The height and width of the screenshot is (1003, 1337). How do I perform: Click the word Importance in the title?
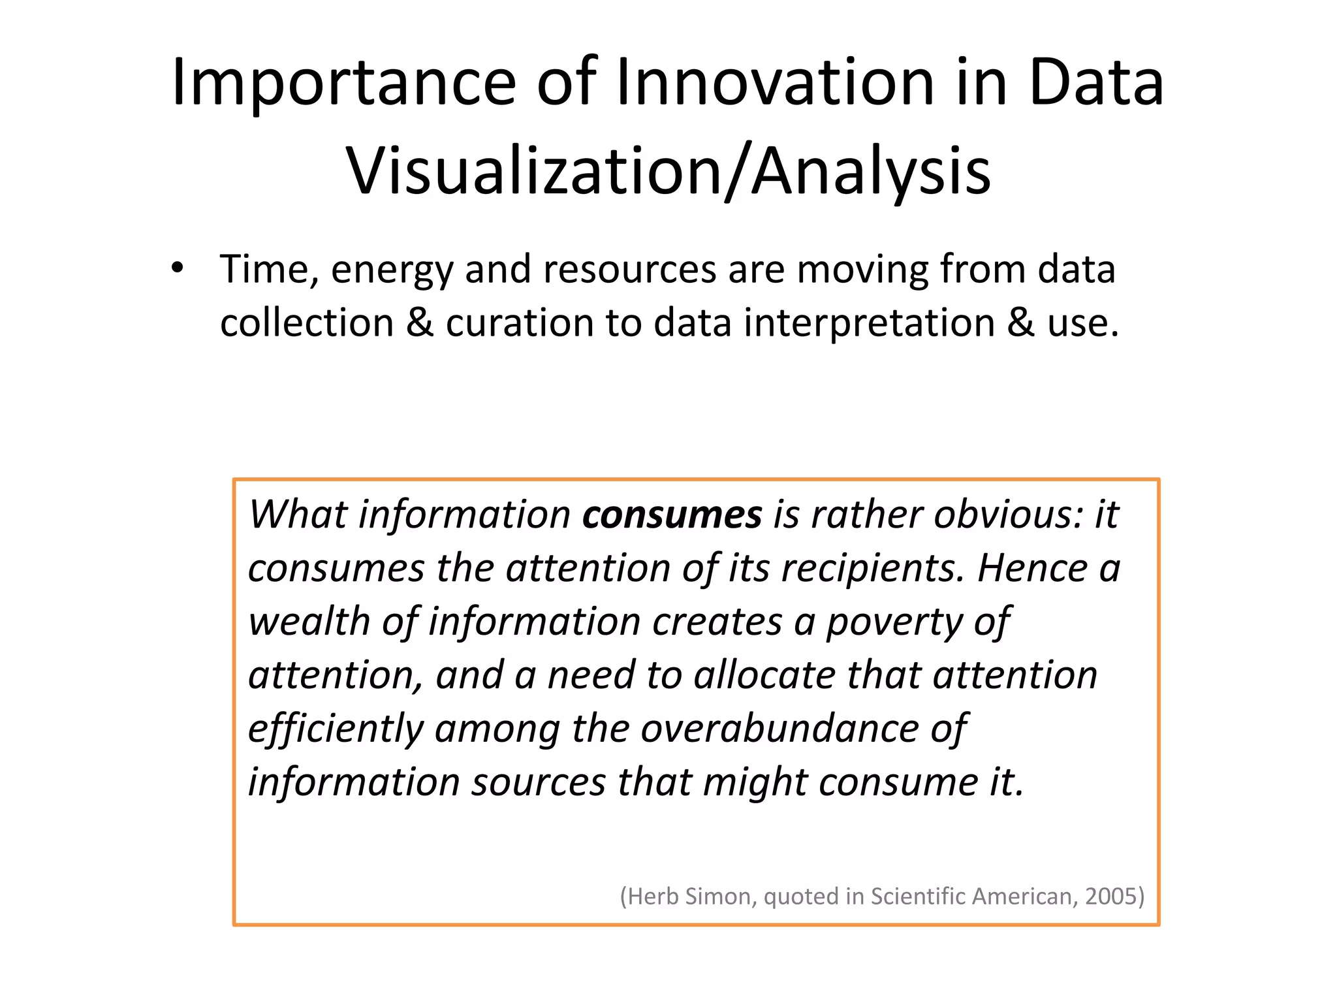tap(343, 84)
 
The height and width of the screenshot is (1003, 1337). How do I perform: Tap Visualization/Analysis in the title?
tap(668, 171)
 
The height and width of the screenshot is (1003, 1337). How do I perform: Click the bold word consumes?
tap(672, 515)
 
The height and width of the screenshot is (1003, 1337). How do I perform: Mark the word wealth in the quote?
tap(307, 621)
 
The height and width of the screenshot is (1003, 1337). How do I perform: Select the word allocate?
tap(764, 675)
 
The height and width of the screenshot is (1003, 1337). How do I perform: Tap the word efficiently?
tap(336, 729)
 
